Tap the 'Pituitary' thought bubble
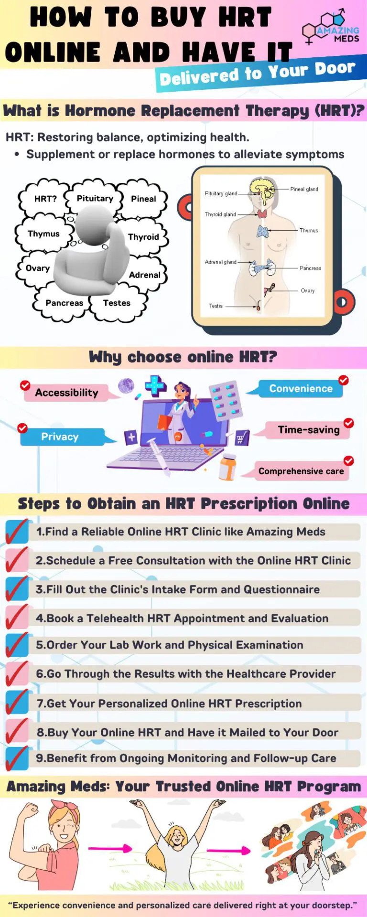click(95, 198)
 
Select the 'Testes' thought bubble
click(117, 303)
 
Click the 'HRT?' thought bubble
click(45, 199)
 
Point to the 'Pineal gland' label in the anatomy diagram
click(304, 189)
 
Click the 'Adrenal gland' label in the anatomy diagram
click(220, 262)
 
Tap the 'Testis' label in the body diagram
click(216, 306)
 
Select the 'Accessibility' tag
click(67, 393)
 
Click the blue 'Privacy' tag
click(60, 437)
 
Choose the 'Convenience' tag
click(301, 388)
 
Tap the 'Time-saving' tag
click(309, 430)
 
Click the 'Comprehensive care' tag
click(301, 471)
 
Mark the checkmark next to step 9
click(17, 758)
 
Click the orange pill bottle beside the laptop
click(227, 467)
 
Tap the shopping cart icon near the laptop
click(241, 437)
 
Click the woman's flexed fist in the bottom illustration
click(30, 810)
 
